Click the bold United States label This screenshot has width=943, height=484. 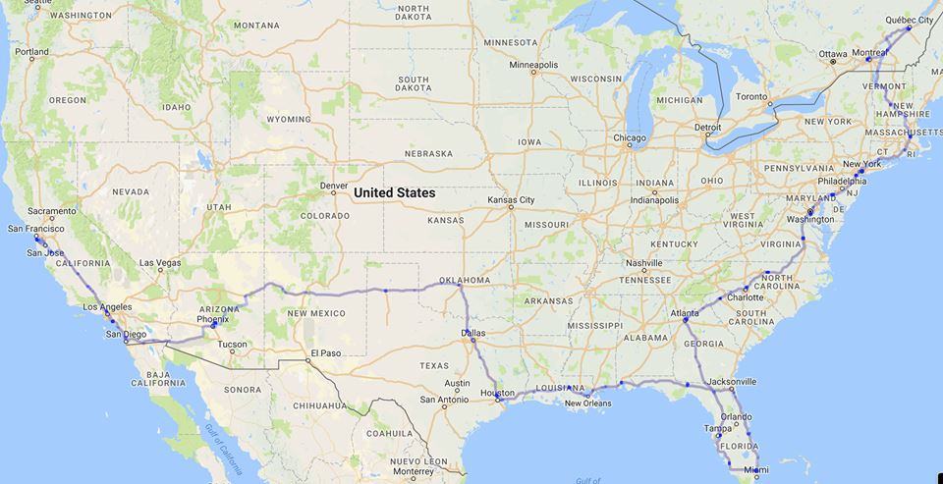394,192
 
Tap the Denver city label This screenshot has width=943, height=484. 333,185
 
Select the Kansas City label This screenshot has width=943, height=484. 511,200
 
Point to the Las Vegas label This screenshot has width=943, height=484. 160,262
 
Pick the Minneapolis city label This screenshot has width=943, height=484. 533,65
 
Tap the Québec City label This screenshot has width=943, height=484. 909,19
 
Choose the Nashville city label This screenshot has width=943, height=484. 644,262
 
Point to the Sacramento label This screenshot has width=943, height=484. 52,211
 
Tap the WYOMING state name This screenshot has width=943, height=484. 288,119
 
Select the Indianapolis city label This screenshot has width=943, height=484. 654,200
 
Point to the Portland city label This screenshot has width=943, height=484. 31,51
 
